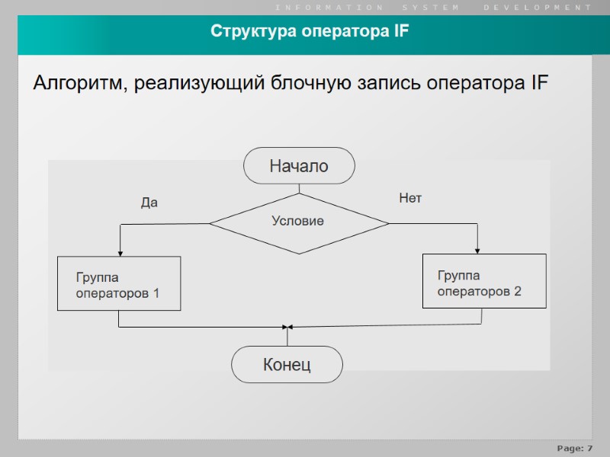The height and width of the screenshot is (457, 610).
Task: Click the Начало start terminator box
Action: [x=299, y=166]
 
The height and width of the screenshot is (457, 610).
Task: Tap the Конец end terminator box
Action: [x=287, y=365]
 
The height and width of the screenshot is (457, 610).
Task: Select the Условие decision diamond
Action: [x=299, y=222]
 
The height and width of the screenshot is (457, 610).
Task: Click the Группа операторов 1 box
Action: [x=119, y=283]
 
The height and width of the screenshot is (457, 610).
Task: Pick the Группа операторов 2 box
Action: [x=484, y=281]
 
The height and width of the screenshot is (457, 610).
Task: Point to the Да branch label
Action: [x=149, y=203]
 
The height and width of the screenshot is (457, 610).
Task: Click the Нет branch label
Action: [x=410, y=198]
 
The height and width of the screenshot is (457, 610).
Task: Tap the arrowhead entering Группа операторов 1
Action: [x=120, y=253]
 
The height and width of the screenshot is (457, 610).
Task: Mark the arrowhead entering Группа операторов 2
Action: [x=478, y=251]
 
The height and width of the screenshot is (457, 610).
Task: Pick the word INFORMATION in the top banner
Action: [x=329, y=7]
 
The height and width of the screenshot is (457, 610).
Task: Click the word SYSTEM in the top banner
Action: [x=431, y=7]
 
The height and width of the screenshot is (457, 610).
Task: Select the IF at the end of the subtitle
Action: [x=537, y=83]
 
